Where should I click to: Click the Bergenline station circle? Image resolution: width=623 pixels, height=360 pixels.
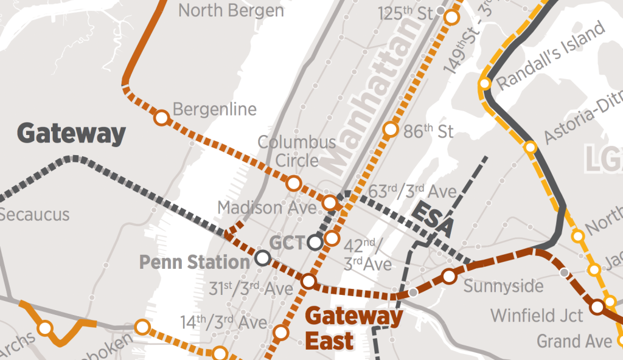pyautogui.click(x=161, y=117)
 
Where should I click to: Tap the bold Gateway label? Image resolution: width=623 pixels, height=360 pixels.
pyautogui.click(x=71, y=133)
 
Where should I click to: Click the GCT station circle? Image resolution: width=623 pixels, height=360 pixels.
pyautogui.click(x=315, y=243)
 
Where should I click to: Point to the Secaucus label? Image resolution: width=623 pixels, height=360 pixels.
pyautogui.click(x=35, y=215)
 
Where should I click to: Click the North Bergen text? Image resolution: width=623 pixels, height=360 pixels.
pyautogui.click(x=231, y=10)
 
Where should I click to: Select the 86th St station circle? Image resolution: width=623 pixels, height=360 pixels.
pyautogui.click(x=391, y=130)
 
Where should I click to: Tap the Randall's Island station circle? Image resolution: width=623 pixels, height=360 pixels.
pyautogui.click(x=485, y=84)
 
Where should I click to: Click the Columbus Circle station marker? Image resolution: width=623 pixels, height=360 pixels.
pyautogui.click(x=294, y=182)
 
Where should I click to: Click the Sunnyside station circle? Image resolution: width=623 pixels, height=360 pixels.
pyautogui.click(x=449, y=276)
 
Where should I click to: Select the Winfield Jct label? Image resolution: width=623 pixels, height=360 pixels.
pyautogui.click(x=537, y=316)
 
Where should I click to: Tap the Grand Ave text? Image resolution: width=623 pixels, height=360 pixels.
pyautogui.click(x=574, y=341)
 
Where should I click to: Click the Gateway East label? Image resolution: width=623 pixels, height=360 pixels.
pyautogui.click(x=353, y=328)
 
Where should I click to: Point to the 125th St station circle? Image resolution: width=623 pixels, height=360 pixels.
pyautogui.click(x=451, y=17)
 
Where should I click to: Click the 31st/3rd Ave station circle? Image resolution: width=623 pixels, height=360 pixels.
pyautogui.click(x=308, y=282)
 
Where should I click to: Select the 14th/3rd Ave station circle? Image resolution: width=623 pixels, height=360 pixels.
pyautogui.click(x=280, y=332)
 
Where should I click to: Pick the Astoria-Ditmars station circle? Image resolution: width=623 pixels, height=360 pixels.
pyautogui.click(x=531, y=147)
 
